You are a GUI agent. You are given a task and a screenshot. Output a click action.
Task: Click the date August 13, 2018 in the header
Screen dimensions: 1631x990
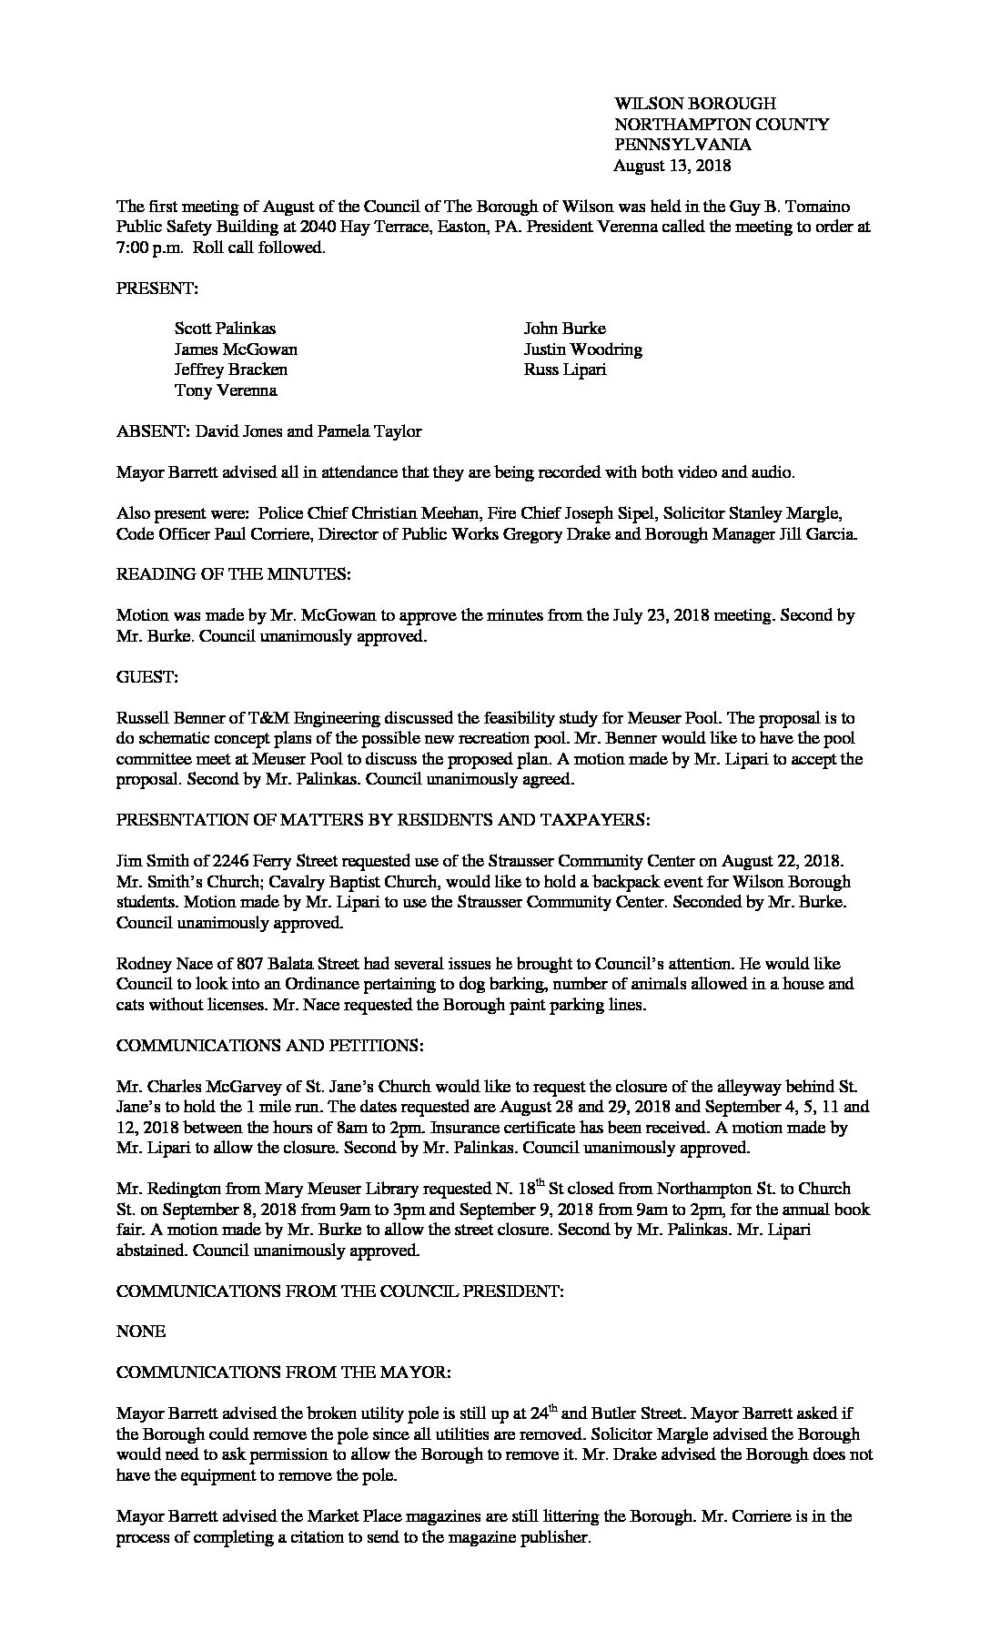click(x=672, y=166)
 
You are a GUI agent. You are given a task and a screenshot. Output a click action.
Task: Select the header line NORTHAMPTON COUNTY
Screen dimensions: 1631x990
click(x=722, y=125)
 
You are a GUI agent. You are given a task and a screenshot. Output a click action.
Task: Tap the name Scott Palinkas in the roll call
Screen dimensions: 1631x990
click(x=225, y=329)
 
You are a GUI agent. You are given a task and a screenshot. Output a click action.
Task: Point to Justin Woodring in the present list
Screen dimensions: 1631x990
click(x=582, y=349)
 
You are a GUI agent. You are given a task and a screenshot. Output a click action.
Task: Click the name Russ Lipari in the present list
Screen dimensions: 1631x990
click(x=564, y=370)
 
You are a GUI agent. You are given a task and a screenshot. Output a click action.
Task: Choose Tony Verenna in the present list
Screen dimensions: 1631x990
click(x=226, y=390)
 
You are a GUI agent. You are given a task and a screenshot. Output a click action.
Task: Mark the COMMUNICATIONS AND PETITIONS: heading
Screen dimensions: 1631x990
click(x=269, y=1046)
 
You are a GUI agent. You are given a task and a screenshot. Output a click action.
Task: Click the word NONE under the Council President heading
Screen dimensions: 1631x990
click(x=141, y=1332)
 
